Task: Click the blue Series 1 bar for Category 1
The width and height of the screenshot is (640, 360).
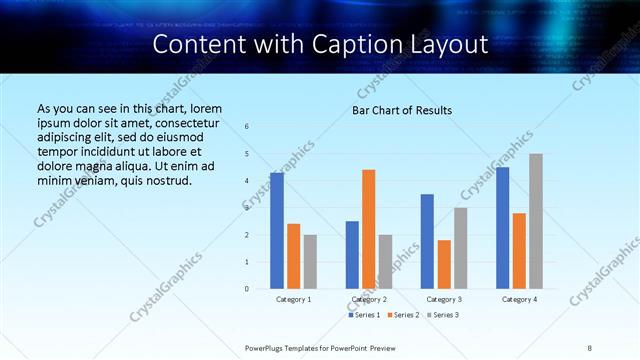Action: (x=277, y=231)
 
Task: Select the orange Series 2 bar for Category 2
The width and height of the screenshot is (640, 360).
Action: (x=369, y=229)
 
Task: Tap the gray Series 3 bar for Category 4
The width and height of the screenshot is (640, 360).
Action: (x=536, y=221)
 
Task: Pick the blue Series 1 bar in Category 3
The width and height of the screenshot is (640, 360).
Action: (x=427, y=241)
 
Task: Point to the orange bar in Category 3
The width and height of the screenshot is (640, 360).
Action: (x=444, y=264)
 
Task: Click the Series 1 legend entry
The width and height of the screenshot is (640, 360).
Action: (x=364, y=315)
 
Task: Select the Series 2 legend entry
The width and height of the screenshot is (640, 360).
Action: (x=403, y=315)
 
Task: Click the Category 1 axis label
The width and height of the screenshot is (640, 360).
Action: (x=294, y=299)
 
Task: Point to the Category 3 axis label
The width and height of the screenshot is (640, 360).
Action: (x=444, y=299)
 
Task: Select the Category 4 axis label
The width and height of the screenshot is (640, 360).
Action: (x=519, y=299)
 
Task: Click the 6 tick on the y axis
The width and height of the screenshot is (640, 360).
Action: (x=247, y=126)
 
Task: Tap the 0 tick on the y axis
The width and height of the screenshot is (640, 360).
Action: (x=247, y=289)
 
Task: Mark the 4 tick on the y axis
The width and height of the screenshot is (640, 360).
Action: (x=247, y=181)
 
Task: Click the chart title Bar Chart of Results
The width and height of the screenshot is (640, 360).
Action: (x=402, y=110)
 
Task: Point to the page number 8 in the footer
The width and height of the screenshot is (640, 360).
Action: (x=590, y=347)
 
